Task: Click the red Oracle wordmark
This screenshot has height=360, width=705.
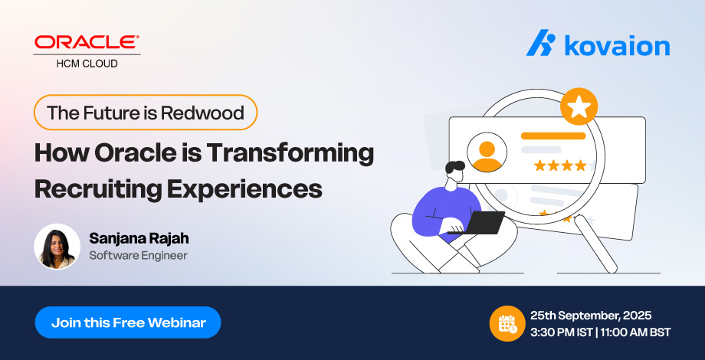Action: click(87, 42)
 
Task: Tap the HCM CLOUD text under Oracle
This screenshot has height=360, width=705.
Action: click(87, 64)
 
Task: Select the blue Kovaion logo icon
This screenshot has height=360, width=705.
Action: click(541, 43)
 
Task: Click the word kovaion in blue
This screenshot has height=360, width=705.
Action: click(617, 45)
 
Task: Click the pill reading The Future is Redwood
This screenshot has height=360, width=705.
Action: click(146, 113)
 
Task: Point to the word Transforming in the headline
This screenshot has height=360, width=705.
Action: click(290, 154)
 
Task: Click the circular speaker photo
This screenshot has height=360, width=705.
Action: click(57, 247)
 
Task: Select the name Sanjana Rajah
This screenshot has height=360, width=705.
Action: click(139, 239)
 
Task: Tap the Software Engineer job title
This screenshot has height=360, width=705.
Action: click(138, 256)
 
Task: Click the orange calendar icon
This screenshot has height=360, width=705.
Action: click(507, 323)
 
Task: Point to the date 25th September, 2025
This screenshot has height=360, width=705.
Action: click(591, 316)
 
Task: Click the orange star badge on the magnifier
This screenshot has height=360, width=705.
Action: click(579, 106)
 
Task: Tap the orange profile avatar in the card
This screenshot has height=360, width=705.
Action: click(487, 152)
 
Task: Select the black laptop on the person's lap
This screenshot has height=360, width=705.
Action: click(478, 223)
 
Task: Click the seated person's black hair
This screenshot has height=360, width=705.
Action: click(454, 167)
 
